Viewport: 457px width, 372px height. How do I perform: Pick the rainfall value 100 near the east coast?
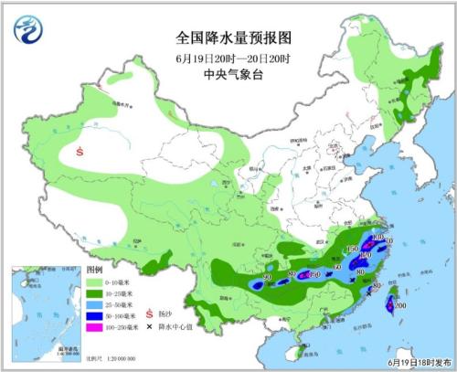(378, 237)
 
